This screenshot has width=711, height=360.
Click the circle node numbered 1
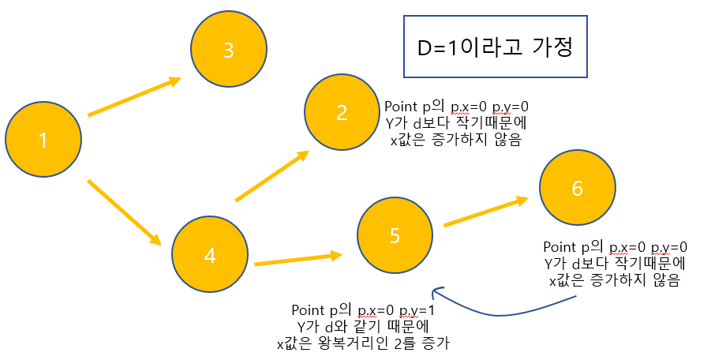(x=43, y=140)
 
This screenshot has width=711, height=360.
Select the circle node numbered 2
(x=342, y=111)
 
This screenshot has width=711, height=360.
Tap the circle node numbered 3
(x=229, y=51)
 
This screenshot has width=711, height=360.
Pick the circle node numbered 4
(x=210, y=254)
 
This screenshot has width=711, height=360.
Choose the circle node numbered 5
(x=395, y=234)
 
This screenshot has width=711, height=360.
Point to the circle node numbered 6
(x=577, y=188)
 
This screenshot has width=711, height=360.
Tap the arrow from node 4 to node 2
(x=271, y=177)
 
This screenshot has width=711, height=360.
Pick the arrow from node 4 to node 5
(x=297, y=259)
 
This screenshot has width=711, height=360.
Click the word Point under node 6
(x=562, y=246)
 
